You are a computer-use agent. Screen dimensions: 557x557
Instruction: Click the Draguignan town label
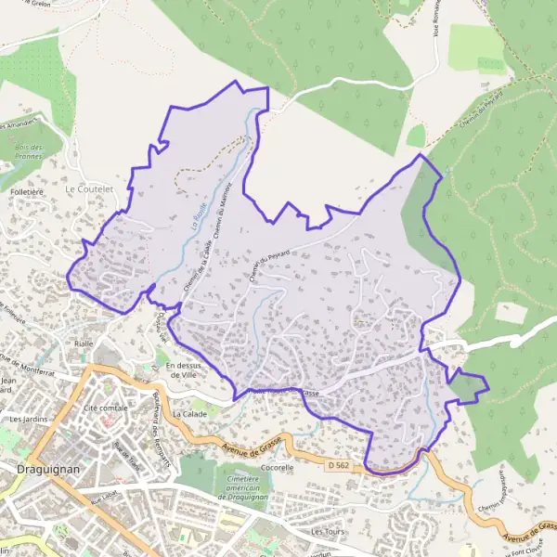[47, 470]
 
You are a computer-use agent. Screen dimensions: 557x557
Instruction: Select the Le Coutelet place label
[88, 188]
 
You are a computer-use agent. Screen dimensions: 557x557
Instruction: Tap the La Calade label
[188, 414]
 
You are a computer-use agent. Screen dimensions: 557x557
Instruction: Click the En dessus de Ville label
[185, 370]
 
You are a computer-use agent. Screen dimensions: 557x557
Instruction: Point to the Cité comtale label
[105, 408]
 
